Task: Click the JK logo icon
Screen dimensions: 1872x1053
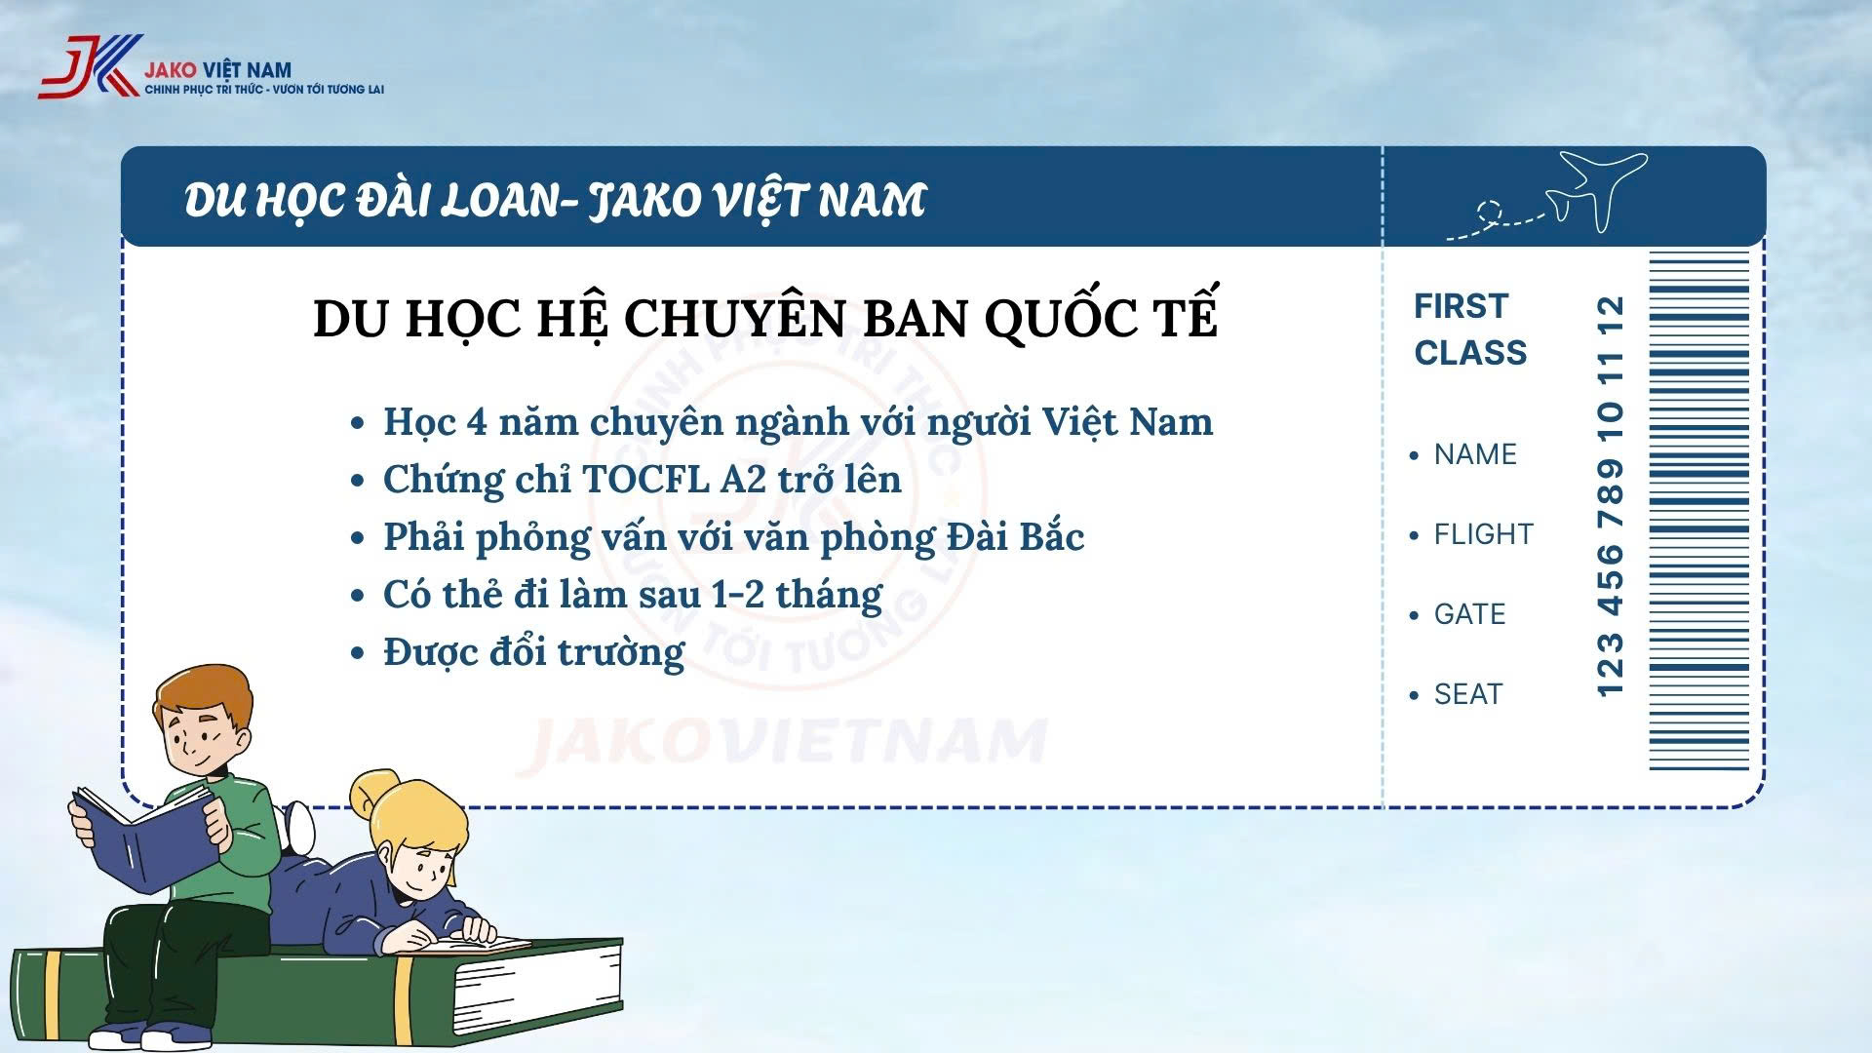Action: coord(90,66)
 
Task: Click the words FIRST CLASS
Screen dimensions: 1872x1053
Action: coord(1470,330)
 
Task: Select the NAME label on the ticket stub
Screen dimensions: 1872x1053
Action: coord(1475,454)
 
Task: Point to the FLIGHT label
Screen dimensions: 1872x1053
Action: coord(1483,534)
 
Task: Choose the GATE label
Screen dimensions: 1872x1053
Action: coord(1469,614)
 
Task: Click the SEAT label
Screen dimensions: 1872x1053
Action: coord(1467,694)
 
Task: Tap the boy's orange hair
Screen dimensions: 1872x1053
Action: coord(202,692)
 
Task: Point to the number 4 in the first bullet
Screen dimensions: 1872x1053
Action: coord(476,421)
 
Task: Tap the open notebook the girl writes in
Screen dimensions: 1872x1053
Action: coord(478,944)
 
